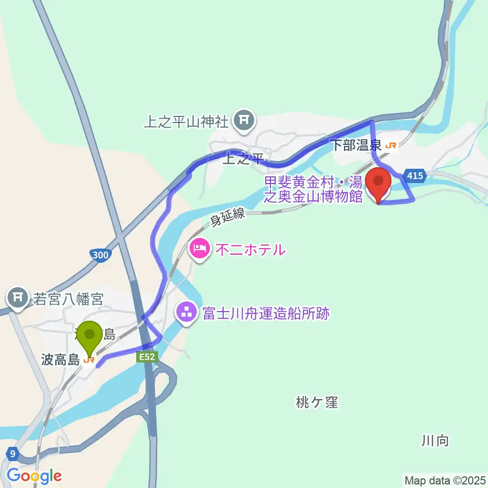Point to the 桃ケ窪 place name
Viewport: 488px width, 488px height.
(x=316, y=403)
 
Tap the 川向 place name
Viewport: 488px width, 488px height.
(x=436, y=440)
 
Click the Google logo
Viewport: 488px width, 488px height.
(x=34, y=476)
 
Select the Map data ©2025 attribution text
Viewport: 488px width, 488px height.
(x=444, y=479)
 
